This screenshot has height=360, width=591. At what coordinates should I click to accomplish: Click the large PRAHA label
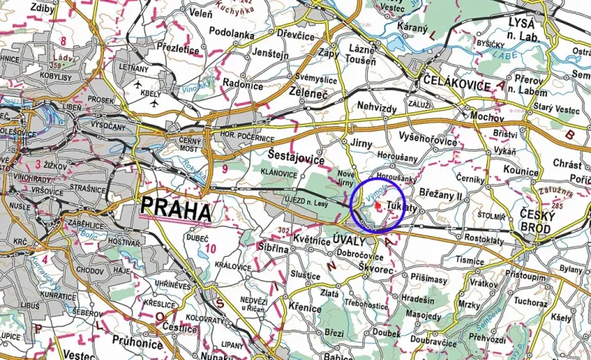pyautogui.click(x=175, y=209)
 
